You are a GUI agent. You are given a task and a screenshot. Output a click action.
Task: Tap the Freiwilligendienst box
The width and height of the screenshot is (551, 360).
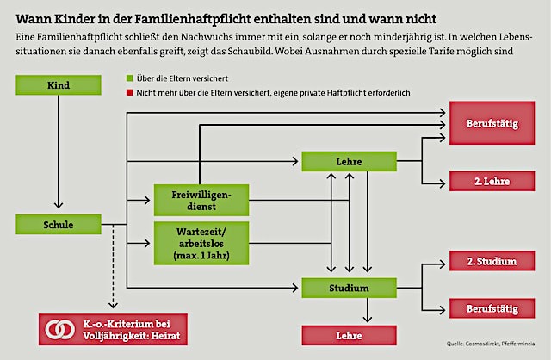200,200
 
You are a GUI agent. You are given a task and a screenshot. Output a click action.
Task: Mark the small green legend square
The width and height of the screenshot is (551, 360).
129,78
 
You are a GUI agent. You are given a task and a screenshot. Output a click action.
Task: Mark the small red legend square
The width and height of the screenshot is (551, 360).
129,94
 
